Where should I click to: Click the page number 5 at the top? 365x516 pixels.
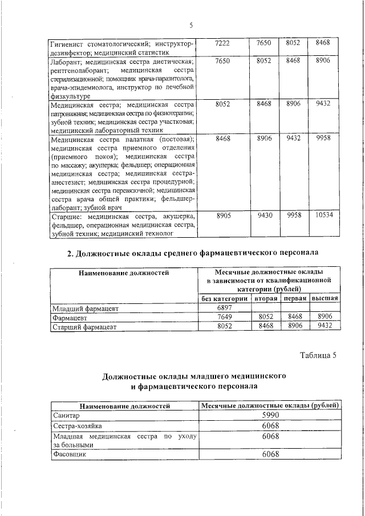coord(191,25)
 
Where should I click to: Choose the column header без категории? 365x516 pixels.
coord(224,298)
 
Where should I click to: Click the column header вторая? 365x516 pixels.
coord(266,298)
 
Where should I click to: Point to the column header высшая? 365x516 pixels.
coord(325,298)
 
